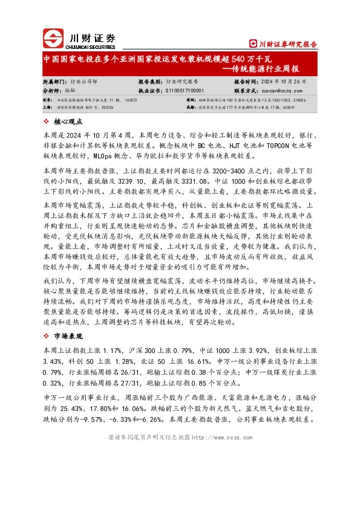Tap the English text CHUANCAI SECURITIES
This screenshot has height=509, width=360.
(x=89, y=45)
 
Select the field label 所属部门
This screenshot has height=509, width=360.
(x=54, y=80)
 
